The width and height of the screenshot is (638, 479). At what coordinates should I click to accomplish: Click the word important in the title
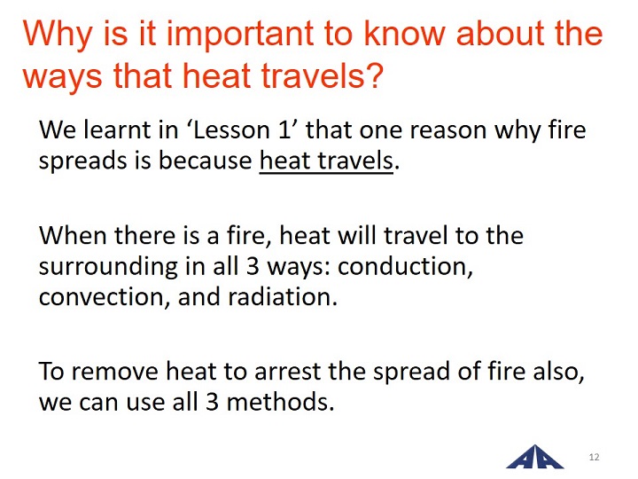(240, 35)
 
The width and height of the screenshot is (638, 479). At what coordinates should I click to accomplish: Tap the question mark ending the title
(374, 75)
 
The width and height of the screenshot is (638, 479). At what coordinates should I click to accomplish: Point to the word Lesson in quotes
(231, 130)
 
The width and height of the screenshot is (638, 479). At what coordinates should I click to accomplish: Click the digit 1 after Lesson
(284, 130)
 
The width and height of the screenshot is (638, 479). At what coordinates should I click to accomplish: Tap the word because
(205, 160)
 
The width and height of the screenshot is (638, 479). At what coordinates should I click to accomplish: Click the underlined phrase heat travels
(326, 161)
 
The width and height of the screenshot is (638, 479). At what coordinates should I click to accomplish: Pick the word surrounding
(108, 268)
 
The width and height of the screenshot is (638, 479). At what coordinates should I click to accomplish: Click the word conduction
(405, 266)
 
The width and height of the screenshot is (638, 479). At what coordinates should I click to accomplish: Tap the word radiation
(283, 297)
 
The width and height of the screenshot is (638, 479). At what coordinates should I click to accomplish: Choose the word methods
(280, 401)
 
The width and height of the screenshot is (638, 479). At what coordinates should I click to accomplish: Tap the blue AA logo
(535, 457)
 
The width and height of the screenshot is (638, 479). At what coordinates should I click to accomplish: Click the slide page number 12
(594, 457)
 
